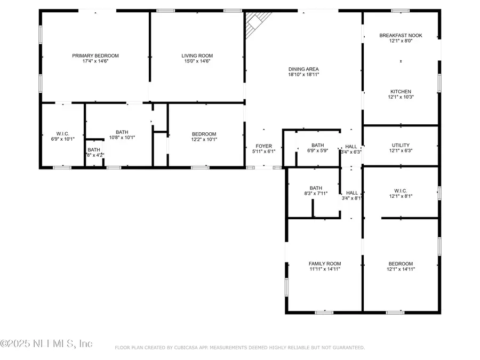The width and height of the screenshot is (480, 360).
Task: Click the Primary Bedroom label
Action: (x=95, y=55)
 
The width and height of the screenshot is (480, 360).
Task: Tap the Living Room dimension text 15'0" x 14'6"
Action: (x=197, y=61)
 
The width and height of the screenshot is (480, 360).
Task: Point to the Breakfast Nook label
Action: (x=401, y=35)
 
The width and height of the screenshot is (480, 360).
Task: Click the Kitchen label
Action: (x=401, y=92)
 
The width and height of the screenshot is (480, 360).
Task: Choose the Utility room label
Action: (x=401, y=145)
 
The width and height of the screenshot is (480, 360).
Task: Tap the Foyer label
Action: (x=263, y=146)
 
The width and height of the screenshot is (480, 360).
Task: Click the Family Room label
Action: (x=324, y=263)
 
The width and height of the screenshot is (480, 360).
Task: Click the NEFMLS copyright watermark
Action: (x=47, y=343)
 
